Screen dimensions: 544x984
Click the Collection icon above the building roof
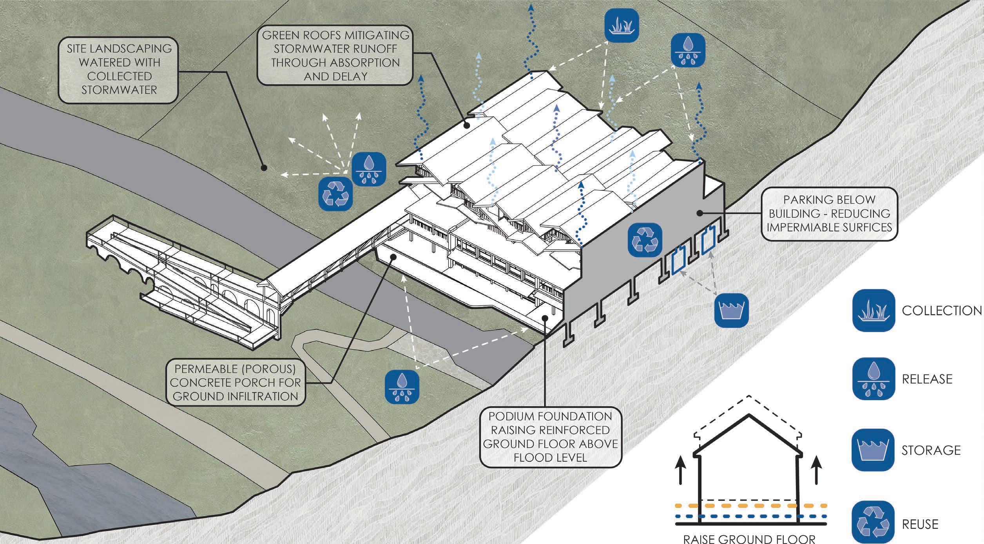pos(622,25)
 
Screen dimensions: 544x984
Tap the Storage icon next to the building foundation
pos(732,310)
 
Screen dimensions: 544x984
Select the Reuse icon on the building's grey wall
pos(645,240)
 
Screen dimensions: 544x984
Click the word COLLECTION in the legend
pos(942,311)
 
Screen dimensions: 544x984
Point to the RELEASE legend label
pos(927,379)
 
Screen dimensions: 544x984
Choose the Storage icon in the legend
pos(873,450)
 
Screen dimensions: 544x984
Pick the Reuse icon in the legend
pos(873,524)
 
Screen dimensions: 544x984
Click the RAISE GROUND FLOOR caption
pos(749,539)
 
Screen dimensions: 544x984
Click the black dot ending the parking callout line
pos(699,213)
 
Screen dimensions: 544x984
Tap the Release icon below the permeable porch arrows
pos(402,387)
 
